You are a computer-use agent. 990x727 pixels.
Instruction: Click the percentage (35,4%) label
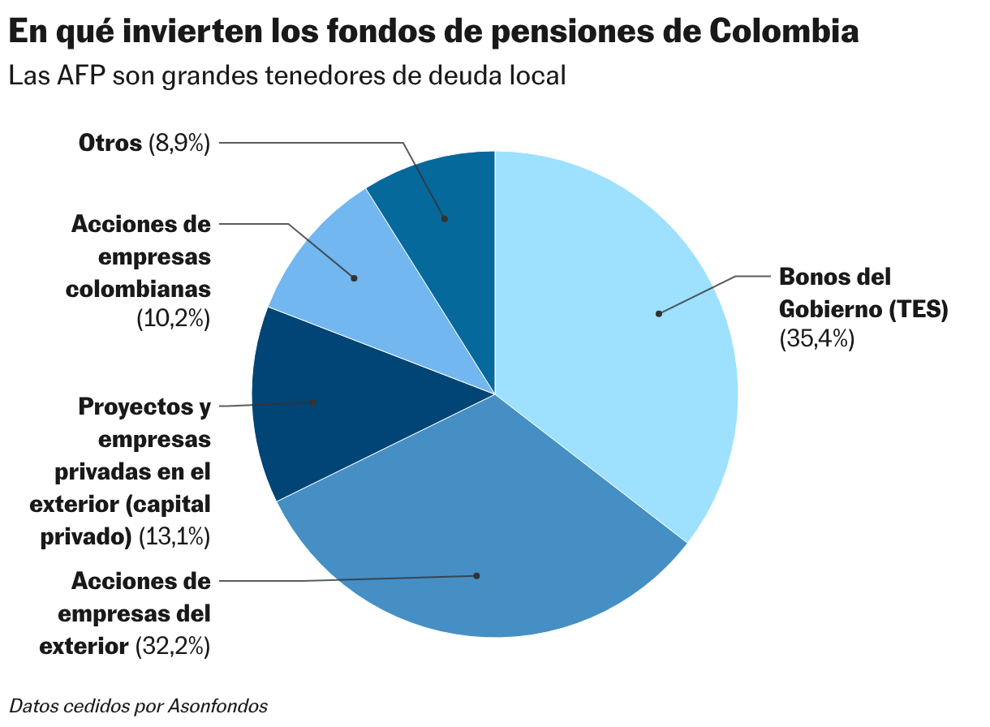click(816, 339)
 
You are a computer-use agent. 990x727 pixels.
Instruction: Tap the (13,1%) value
click(174, 536)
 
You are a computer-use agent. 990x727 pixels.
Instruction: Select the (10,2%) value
click(173, 320)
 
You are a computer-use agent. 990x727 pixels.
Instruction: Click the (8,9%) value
click(179, 144)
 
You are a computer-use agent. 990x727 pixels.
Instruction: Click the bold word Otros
click(110, 144)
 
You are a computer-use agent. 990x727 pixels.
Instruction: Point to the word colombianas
click(139, 288)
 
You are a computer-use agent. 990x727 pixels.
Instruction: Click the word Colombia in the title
click(784, 32)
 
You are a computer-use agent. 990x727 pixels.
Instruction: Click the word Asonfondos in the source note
click(217, 706)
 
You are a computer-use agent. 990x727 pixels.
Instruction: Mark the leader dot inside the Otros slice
click(444, 218)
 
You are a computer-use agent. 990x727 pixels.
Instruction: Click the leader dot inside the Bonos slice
click(659, 314)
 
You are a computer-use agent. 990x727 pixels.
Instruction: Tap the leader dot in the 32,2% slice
click(477, 576)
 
